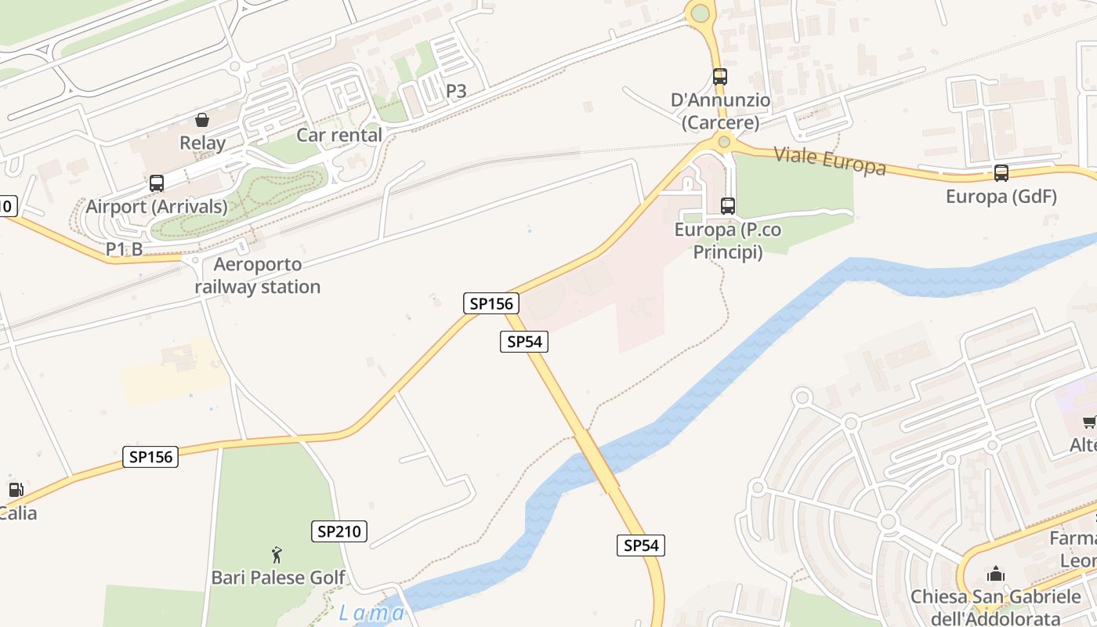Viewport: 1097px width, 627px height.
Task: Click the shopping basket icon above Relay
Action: coord(202,120)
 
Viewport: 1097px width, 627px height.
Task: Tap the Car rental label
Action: coord(339,135)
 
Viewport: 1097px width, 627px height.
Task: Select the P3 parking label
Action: coord(456,91)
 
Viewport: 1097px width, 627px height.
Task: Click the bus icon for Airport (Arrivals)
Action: coord(157,183)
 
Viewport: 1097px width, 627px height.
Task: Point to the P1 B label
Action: coord(125,249)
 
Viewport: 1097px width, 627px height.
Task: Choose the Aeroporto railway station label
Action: coord(258,276)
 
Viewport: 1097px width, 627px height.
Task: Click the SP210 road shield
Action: coord(339,531)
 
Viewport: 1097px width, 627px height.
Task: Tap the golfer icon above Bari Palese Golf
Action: coord(277,556)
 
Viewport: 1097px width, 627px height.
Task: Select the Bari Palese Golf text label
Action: coord(278,578)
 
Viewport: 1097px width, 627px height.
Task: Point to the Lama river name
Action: coord(371,613)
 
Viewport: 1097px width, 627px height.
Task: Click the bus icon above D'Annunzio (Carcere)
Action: coord(720,77)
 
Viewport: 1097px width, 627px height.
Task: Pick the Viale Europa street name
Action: coord(830,161)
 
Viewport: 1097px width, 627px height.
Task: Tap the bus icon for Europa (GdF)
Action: coord(1001,173)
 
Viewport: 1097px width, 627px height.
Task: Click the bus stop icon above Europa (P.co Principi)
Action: coord(728,206)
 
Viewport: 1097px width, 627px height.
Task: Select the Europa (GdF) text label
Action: coord(1001,197)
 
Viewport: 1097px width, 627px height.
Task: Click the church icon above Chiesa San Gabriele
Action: coord(996,574)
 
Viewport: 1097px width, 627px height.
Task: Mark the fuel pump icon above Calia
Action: coord(16,491)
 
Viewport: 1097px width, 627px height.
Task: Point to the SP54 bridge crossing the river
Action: coord(597,463)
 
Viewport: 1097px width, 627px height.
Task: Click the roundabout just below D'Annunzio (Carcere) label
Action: coord(724,142)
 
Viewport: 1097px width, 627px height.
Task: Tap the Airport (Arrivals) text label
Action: coord(157,207)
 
